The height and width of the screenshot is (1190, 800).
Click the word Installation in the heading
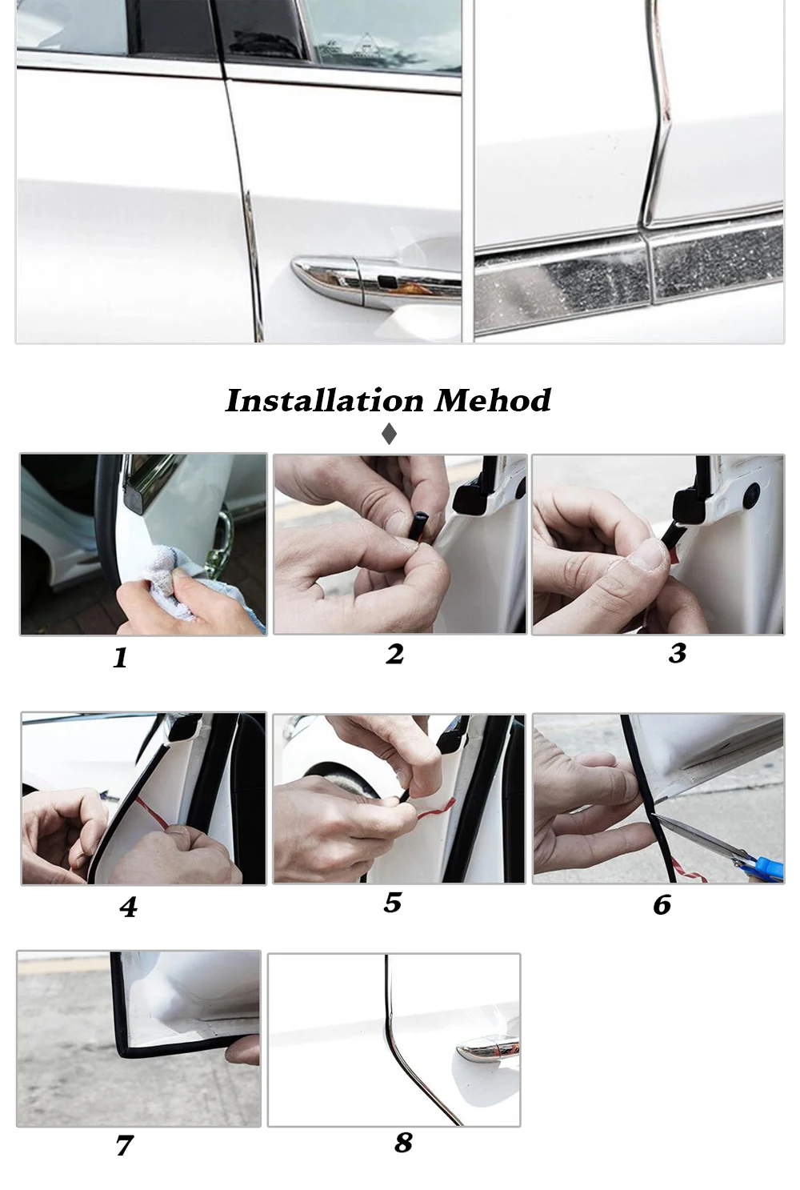324,401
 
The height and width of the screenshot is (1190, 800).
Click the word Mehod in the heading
493,401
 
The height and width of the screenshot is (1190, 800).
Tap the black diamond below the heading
389,434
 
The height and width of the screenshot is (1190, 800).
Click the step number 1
121,657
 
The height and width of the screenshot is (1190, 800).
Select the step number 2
394,654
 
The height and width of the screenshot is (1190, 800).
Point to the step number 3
678,653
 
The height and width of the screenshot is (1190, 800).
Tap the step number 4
128,907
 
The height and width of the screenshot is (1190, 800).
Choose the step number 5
393,903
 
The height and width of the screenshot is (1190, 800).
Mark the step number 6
662,905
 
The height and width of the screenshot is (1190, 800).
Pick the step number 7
124,1145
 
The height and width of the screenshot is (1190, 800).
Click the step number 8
403,1143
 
